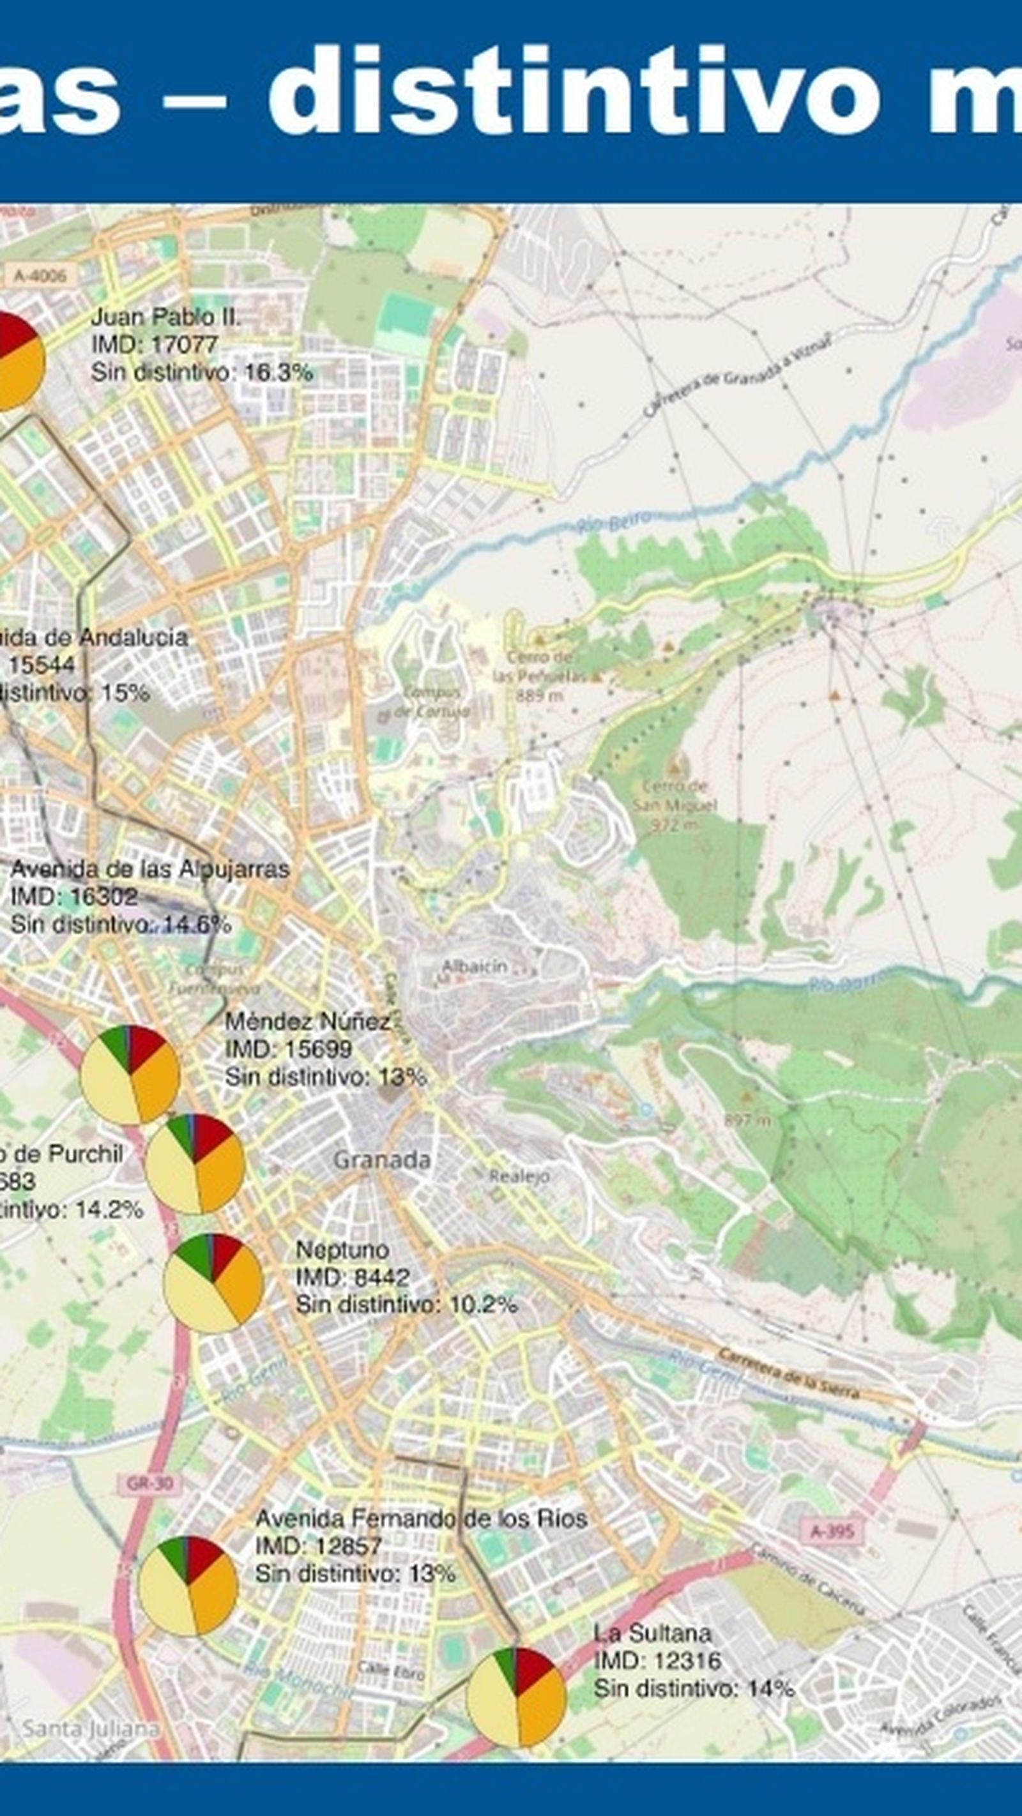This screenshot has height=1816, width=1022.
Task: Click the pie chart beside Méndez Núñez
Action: click(130, 1075)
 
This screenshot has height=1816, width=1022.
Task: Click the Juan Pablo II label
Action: click(165, 317)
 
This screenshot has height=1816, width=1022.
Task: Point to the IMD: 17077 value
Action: click(155, 345)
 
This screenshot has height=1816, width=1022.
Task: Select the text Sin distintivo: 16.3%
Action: click(202, 372)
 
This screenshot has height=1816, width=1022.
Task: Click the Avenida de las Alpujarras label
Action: click(149, 869)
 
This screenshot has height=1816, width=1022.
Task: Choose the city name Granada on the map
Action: click(381, 1160)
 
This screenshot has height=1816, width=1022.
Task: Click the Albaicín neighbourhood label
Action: click(474, 967)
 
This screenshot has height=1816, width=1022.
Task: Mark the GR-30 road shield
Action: click(149, 1483)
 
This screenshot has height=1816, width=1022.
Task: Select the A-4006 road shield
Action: click(40, 276)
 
